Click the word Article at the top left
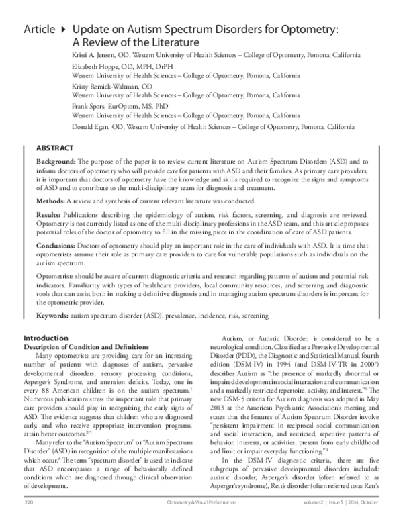pyautogui.click(x=40, y=30)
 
